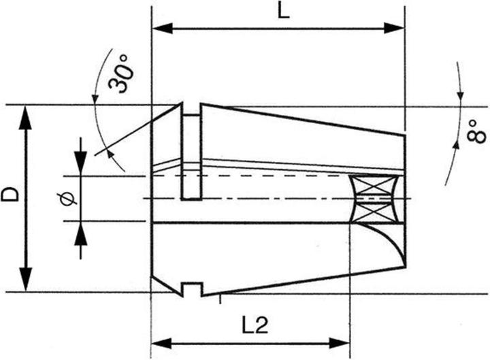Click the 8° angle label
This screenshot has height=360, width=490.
click(x=476, y=131)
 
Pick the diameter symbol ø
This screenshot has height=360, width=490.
click(x=67, y=199)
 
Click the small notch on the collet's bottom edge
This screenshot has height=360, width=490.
click(x=192, y=289)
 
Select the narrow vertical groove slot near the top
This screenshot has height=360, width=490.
click(x=192, y=157)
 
